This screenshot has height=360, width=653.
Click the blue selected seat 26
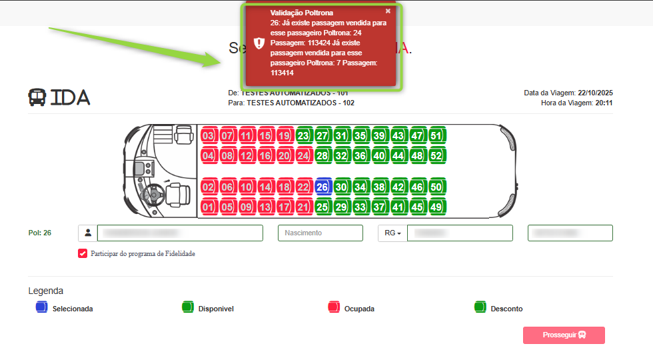[323, 187]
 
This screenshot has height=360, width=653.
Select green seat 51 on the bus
[437, 136]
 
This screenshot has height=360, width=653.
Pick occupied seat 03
[208, 136]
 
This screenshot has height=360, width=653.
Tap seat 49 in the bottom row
[437, 207]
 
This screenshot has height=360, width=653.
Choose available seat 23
[304, 136]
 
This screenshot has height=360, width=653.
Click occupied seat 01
[208, 207]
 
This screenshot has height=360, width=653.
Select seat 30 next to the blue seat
[342, 187]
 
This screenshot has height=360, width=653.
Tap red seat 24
[304, 156]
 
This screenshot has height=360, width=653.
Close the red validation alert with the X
[388, 11]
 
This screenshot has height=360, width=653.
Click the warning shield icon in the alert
[259, 44]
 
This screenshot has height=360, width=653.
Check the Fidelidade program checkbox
[83, 253]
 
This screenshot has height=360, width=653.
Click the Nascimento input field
[320, 233]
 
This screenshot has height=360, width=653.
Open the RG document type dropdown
[392, 233]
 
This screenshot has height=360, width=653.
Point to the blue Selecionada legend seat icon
[41, 307]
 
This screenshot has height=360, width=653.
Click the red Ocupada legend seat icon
[334, 307]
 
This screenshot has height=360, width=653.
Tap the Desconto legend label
[506, 309]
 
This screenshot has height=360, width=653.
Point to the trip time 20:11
[604, 103]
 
